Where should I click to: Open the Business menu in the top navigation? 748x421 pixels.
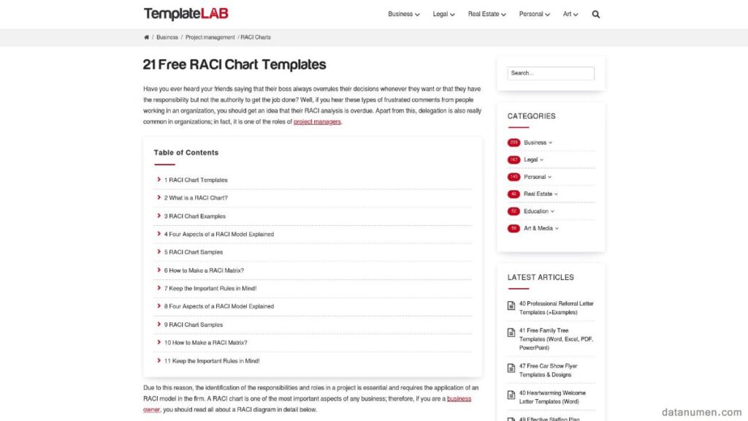(x=403, y=14)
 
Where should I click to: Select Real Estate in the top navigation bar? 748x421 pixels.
(x=486, y=14)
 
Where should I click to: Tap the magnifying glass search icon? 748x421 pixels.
(x=596, y=14)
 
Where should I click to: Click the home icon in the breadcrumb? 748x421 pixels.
(x=147, y=37)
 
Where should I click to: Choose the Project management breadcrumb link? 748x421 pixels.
(x=210, y=37)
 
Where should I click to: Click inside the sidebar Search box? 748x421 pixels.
(x=551, y=73)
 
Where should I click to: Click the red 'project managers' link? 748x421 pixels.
(x=317, y=122)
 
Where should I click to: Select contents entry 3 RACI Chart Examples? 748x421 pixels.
(x=195, y=216)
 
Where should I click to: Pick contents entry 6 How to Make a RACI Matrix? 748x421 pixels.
(x=204, y=270)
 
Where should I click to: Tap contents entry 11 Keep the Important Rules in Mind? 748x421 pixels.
(x=212, y=361)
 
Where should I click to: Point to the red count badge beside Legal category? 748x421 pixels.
(x=514, y=160)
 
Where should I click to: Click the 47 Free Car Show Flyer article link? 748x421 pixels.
(x=548, y=371)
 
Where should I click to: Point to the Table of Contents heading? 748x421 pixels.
(x=186, y=153)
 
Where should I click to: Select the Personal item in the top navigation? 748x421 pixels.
(x=534, y=14)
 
